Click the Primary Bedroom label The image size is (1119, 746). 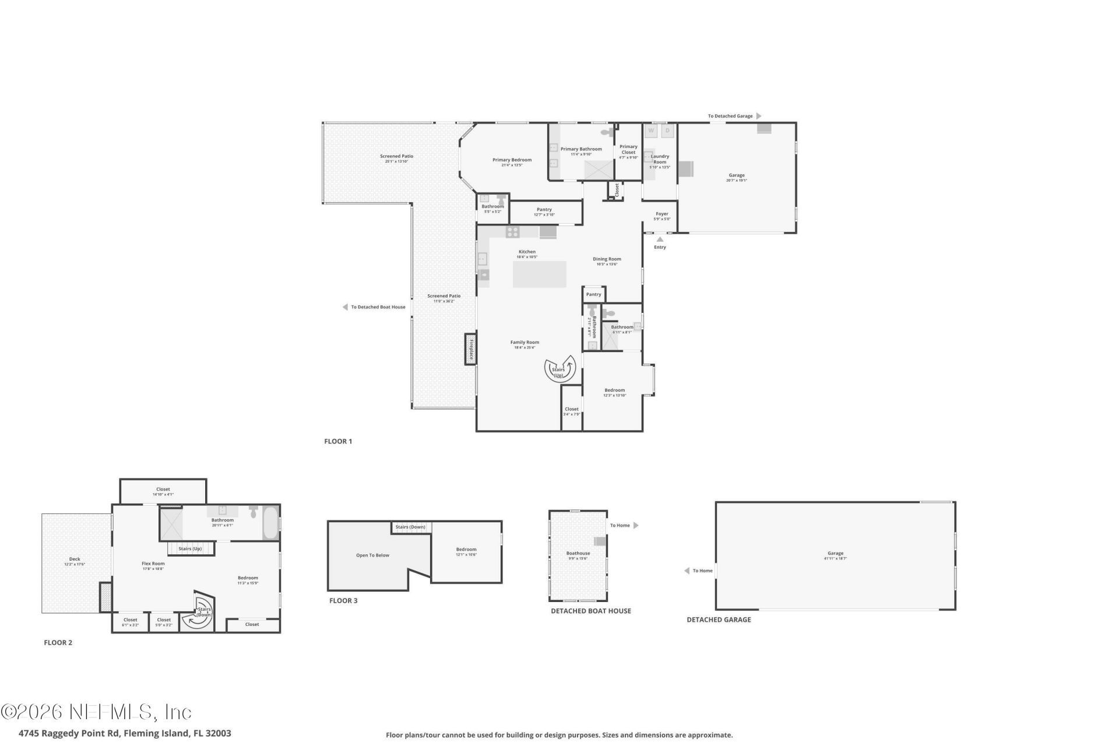512,160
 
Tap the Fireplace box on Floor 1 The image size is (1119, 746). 471,349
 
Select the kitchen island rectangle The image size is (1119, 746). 539,274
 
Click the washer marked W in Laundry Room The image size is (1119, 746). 651,131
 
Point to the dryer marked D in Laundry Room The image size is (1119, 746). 668,131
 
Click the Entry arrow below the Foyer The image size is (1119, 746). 660,239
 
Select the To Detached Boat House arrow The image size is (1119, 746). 345,307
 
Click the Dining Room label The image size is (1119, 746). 607,259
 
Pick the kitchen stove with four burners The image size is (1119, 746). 512,232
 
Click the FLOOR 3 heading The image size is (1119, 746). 343,600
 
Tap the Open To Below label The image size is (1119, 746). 372,555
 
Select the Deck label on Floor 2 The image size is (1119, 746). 75,559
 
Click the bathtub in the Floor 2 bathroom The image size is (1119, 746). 271,523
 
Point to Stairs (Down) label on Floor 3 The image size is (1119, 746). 410,527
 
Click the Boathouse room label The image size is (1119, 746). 578,553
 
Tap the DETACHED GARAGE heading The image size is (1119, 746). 719,620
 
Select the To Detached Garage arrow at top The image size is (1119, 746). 758,116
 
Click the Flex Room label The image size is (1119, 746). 153,564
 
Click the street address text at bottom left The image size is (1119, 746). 125,733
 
